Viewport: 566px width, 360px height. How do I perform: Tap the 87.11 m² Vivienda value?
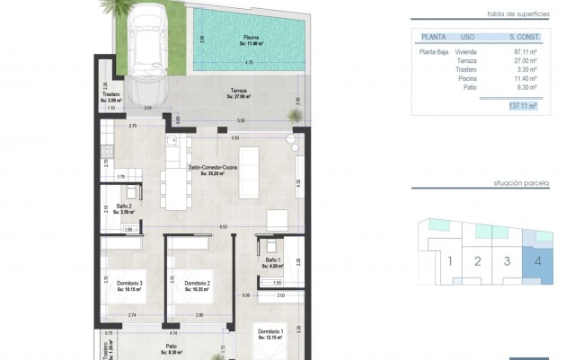pos(525,53)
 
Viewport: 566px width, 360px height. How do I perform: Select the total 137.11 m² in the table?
pos(522,105)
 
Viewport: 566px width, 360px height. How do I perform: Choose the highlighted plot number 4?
pos(536,262)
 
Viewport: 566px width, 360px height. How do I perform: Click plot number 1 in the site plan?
pos(447,262)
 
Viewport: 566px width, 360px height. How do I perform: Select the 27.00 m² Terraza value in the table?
pos(525,62)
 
